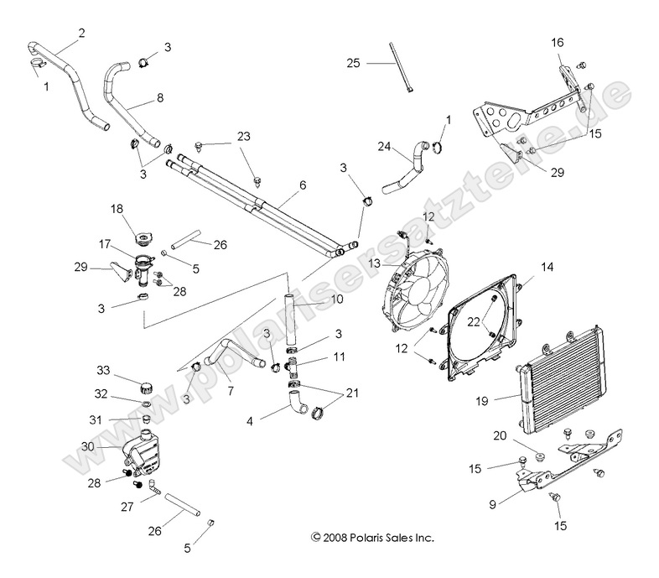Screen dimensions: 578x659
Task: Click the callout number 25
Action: [354, 63]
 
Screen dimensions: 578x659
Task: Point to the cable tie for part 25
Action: [402, 66]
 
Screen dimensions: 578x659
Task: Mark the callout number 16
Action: [558, 42]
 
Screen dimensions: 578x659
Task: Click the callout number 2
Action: [81, 33]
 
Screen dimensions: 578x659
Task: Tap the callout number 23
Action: [243, 136]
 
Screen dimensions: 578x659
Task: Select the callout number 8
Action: [159, 97]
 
